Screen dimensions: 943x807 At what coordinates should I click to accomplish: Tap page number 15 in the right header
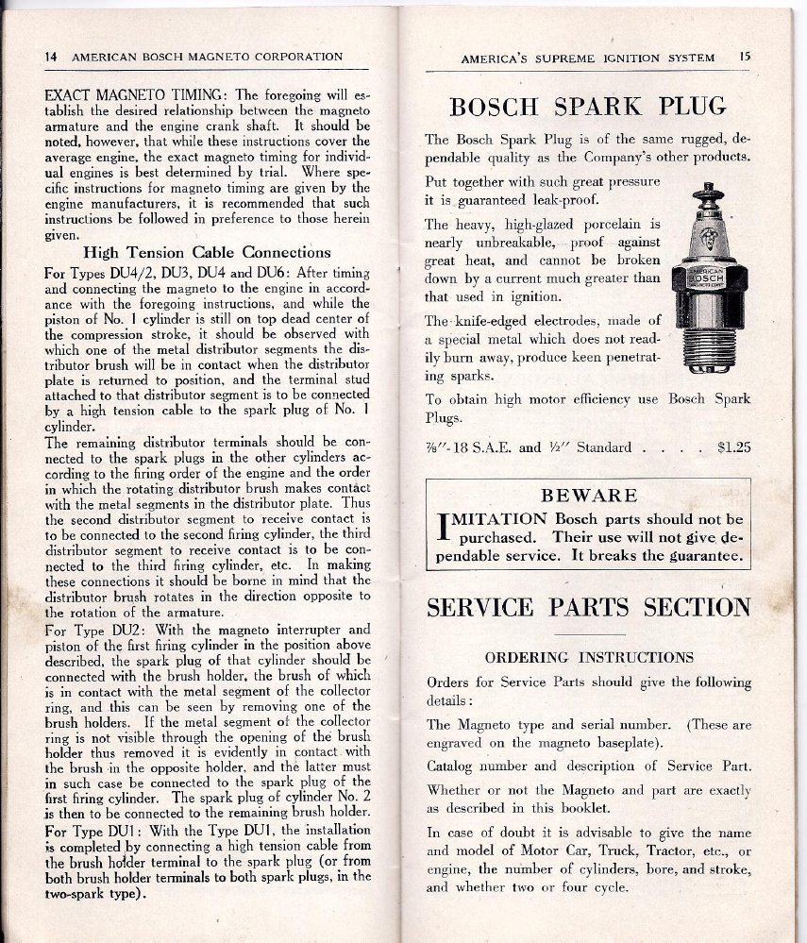point(745,58)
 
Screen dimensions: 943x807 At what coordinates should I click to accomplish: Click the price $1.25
point(733,447)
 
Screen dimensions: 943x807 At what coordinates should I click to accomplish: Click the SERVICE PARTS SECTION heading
point(589,607)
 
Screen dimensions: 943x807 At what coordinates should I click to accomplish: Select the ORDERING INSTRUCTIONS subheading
point(589,657)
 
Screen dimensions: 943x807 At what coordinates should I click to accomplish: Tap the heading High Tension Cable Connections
point(207,252)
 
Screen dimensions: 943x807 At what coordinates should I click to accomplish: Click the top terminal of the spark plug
point(707,194)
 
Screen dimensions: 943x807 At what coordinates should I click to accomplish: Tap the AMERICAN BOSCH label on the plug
point(708,278)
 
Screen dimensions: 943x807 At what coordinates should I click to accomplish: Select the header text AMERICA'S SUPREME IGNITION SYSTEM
point(588,59)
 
